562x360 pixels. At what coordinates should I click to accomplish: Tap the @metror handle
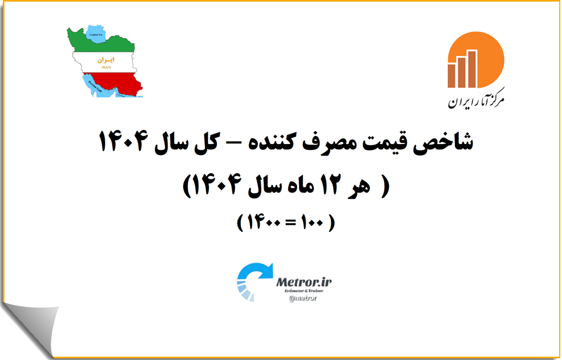click(x=303, y=298)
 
